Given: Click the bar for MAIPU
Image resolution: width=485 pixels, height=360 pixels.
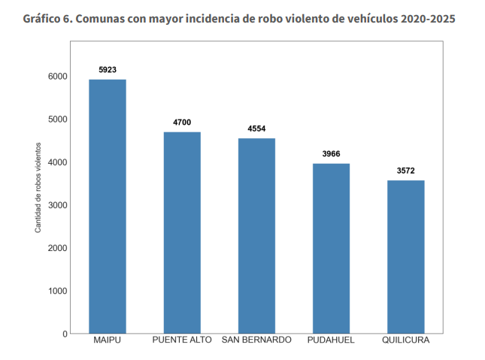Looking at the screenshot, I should pyautogui.click(x=108, y=207).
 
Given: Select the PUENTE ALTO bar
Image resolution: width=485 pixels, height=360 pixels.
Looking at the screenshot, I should pyautogui.click(x=182, y=233).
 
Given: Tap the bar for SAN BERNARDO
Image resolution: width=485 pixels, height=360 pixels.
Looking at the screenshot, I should pyautogui.click(x=256, y=236).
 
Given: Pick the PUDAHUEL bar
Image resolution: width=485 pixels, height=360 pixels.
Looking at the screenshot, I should pyautogui.click(x=331, y=249).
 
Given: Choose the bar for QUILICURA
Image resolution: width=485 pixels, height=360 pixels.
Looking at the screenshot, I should pyautogui.click(x=405, y=257).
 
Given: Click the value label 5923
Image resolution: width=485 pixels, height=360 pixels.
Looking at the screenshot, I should pyautogui.click(x=108, y=70).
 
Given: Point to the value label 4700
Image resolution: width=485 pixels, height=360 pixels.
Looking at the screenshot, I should pyautogui.click(x=182, y=123).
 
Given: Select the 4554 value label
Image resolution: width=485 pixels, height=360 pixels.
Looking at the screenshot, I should pyautogui.click(x=256, y=129).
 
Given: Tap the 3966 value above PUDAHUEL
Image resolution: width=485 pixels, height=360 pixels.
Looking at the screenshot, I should pyautogui.click(x=331, y=154).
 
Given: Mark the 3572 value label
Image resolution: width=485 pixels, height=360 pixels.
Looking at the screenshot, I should pyautogui.click(x=405, y=171).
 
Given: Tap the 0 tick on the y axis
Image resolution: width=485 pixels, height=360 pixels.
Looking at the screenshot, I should pyautogui.click(x=65, y=334).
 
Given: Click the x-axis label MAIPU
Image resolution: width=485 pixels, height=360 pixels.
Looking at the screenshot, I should pyautogui.click(x=108, y=341).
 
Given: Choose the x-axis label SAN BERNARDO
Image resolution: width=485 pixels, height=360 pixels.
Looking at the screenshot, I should pyautogui.click(x=256, y=341).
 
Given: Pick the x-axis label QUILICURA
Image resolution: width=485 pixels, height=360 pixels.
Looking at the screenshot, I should pyautogui.click(x=405, y=341).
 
